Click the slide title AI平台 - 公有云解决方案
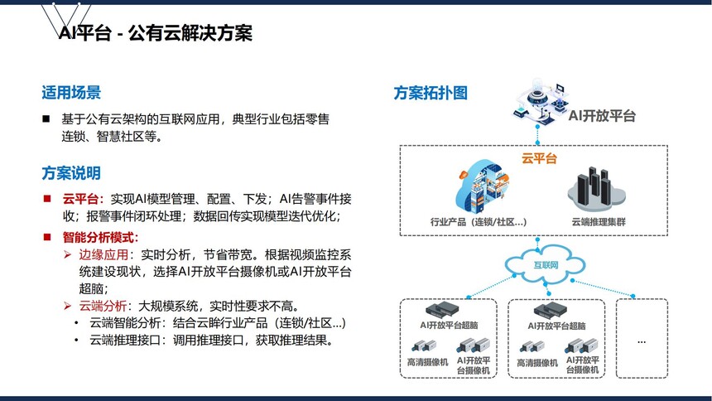click(156, 33)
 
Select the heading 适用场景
click(71, 92)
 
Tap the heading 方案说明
click(71, 173)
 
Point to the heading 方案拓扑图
click(431, 93)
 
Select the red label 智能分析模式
click(99, 237)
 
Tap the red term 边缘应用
click(103, 254)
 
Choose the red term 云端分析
click(103, 306)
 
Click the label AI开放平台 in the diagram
click(602, 116)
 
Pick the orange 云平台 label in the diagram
click(539, 159)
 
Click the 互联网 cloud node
click(546, 264)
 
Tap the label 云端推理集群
click(599, 222)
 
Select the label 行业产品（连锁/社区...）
click(479, 222)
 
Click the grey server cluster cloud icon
click(597, 190)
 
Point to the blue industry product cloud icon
click(483, 187)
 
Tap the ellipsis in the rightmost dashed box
click(642, 342)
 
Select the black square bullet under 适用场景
click(46, 119)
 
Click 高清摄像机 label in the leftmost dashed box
click(427, 362)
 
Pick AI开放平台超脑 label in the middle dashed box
click(556, 326)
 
